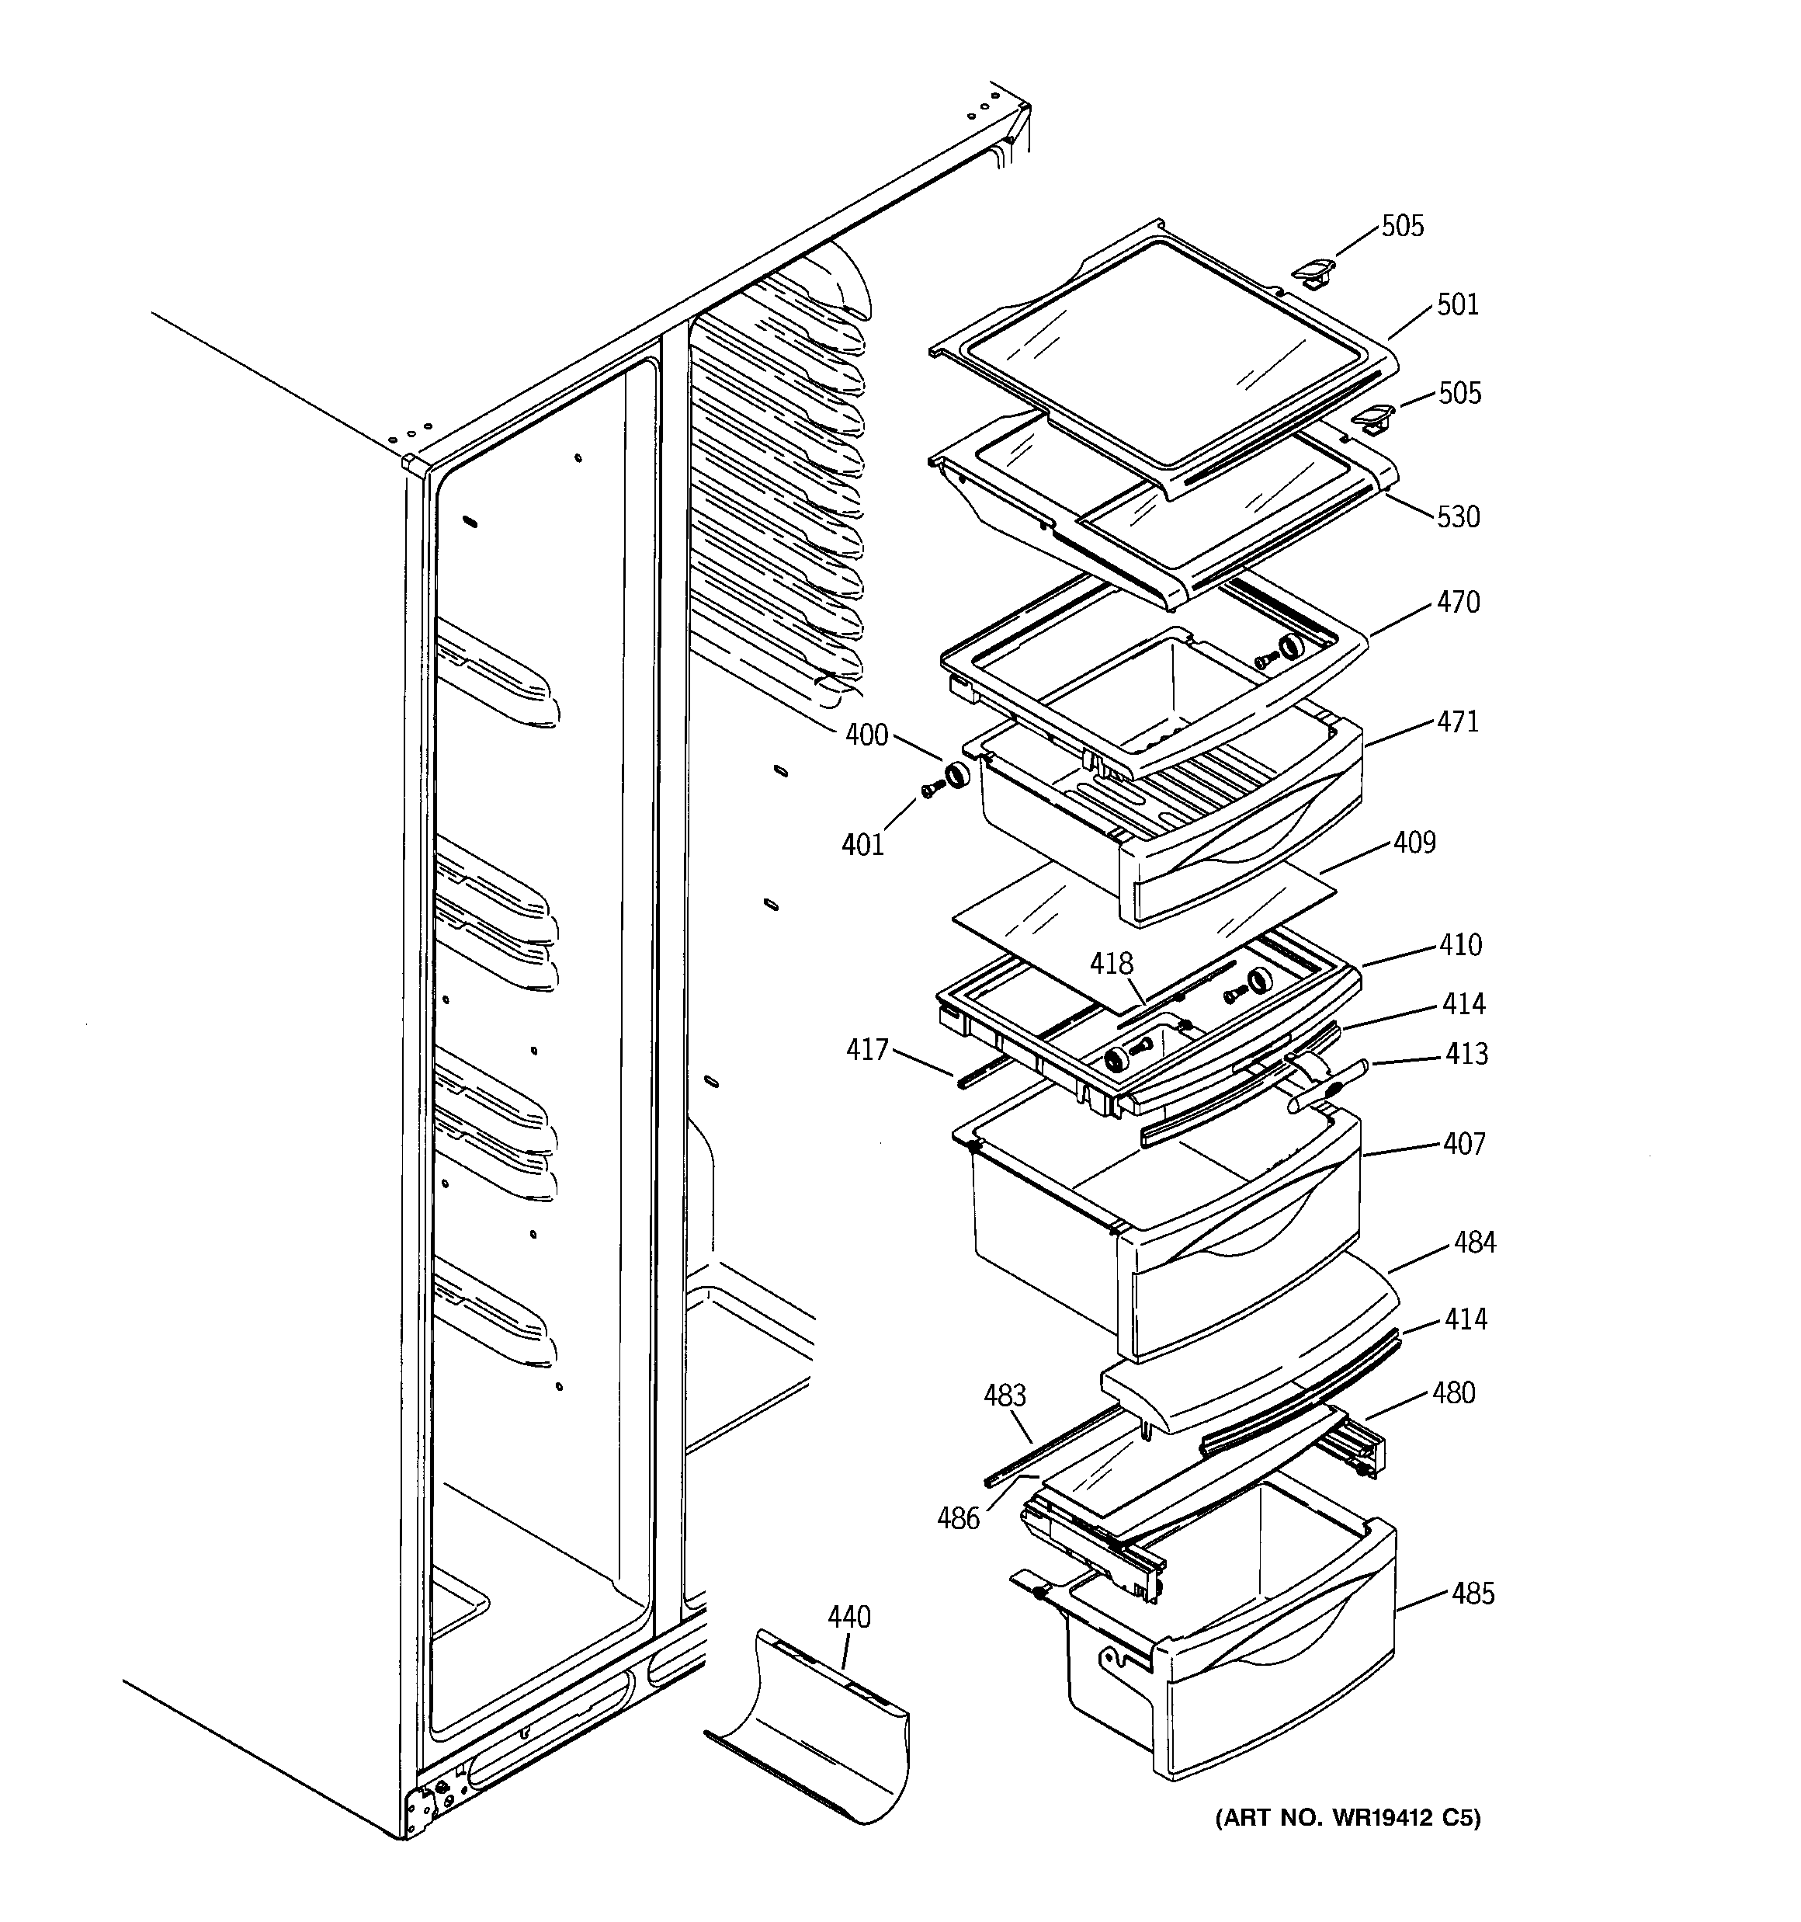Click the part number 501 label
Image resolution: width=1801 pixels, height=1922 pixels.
[x=1457, y=304]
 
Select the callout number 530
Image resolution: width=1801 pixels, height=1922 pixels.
[x=1458, y=517]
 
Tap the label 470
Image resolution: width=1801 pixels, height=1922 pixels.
[x=1458, y=603]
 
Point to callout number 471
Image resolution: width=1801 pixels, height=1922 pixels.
[x=1457, y=722]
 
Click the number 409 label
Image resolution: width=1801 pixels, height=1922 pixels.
[x=1414, y=843]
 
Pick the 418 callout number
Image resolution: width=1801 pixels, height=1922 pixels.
[x=1111, y=964]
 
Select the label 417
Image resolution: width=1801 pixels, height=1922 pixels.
[x=867, y=1050]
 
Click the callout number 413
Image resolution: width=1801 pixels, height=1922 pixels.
[x=1466, y=1054]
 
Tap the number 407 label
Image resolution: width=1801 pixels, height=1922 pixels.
[x=1463, y=1144]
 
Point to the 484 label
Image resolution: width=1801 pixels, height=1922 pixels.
[x=1474, y=1243]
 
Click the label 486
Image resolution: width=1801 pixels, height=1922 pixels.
[x=958, y=1519]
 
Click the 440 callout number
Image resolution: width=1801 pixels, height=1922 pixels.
[x=848, y=1618]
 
